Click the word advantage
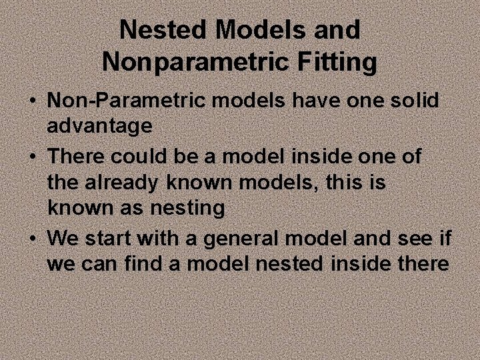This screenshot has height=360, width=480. pyautogui.click(x=100, y=127)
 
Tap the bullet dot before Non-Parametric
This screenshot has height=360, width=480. pyautogui.click(x=32, y=102)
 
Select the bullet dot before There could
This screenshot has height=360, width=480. pyautogui.click(x=32, y=157)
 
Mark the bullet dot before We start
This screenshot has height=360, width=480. pyautogui.click(x=32, y=238)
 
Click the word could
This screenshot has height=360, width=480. pyautogui.click(x=139, y=157)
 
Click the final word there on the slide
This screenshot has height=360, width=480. pyautogui.click(x=422, y=263)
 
